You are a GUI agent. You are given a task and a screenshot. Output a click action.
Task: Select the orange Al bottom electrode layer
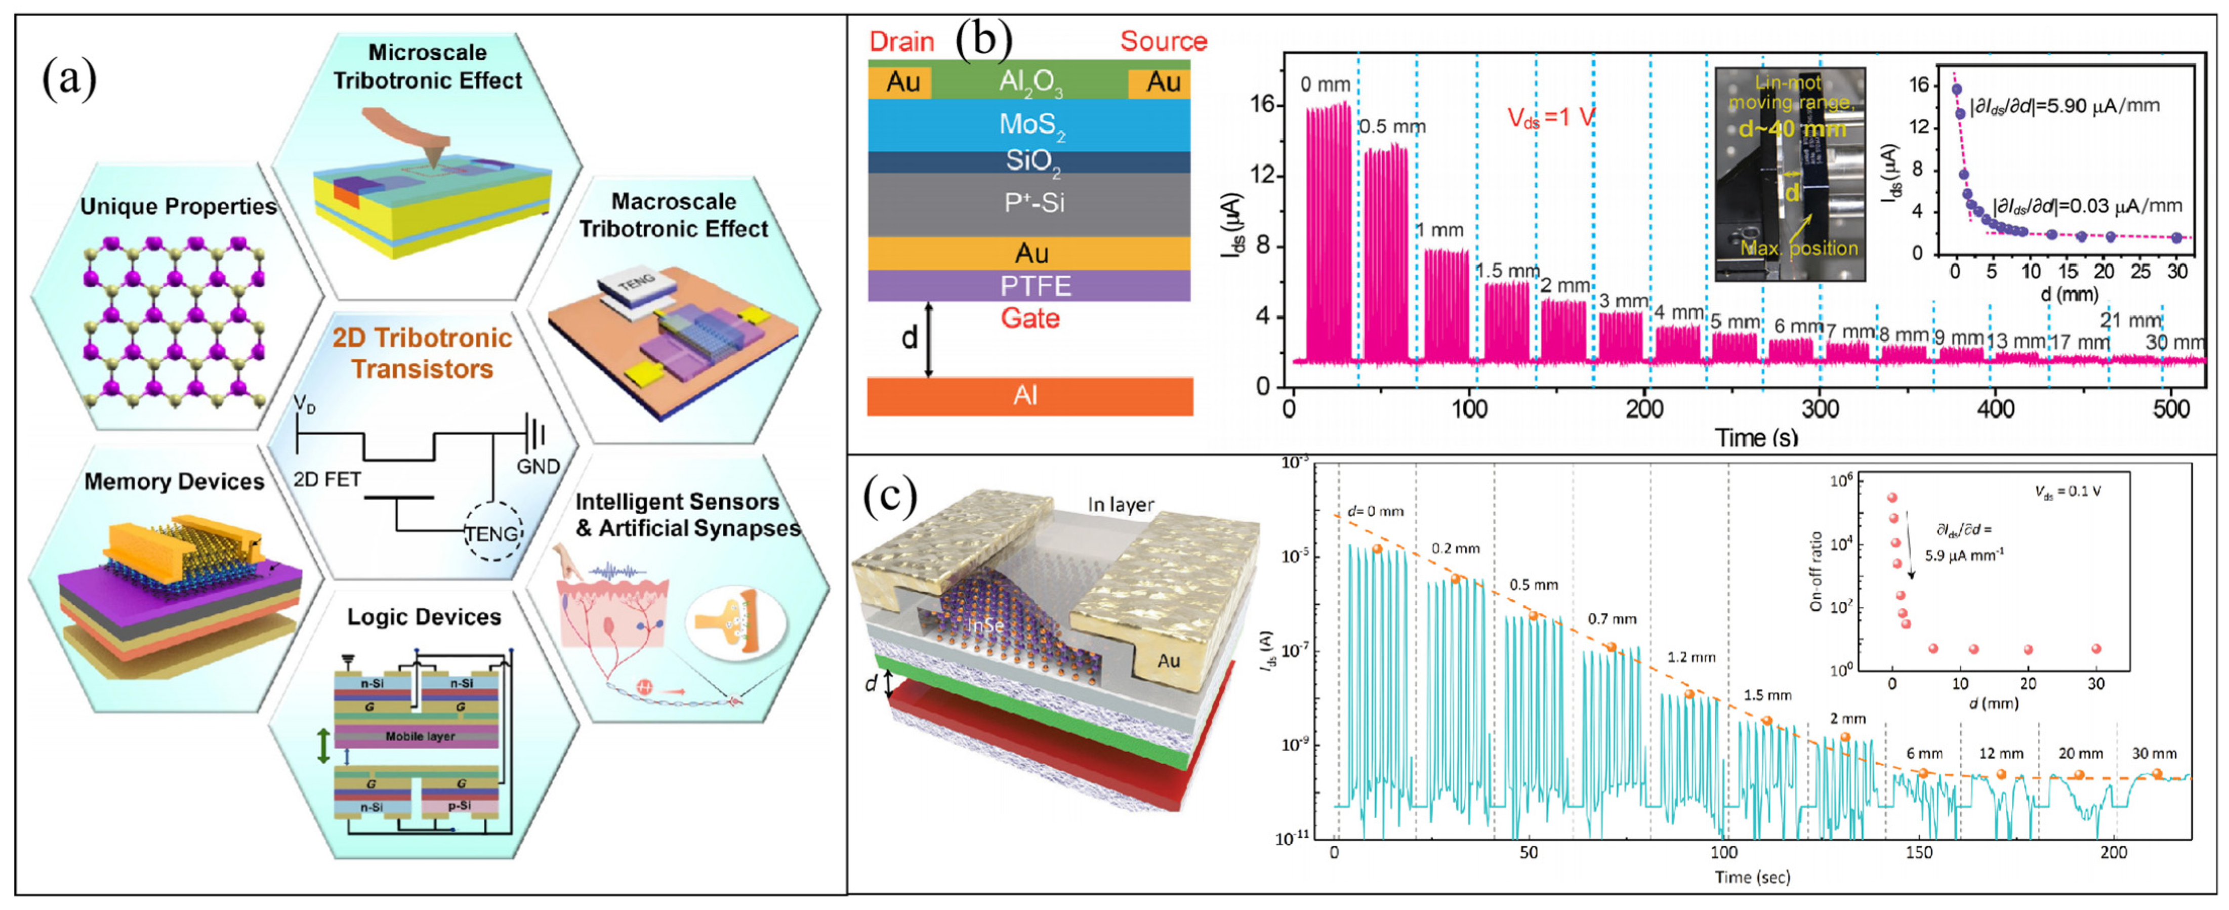[1029, 396]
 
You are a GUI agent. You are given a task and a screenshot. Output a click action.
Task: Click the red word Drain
[901, 42]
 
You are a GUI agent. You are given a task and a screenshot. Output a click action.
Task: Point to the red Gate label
[1029, 318]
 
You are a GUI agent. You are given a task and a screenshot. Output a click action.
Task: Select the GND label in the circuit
[538, 466]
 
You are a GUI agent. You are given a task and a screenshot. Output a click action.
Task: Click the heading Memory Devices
[174, 482]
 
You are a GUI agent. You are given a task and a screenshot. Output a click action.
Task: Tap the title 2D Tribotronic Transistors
[422, 353]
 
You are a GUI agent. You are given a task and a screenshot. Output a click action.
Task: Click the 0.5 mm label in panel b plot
[1391, 127]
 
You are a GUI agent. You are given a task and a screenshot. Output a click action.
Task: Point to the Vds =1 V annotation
[1551, 117]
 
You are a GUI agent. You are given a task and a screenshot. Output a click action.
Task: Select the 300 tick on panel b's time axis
[1820, 409]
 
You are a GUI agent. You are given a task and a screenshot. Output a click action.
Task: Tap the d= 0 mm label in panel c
[1375, 511]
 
